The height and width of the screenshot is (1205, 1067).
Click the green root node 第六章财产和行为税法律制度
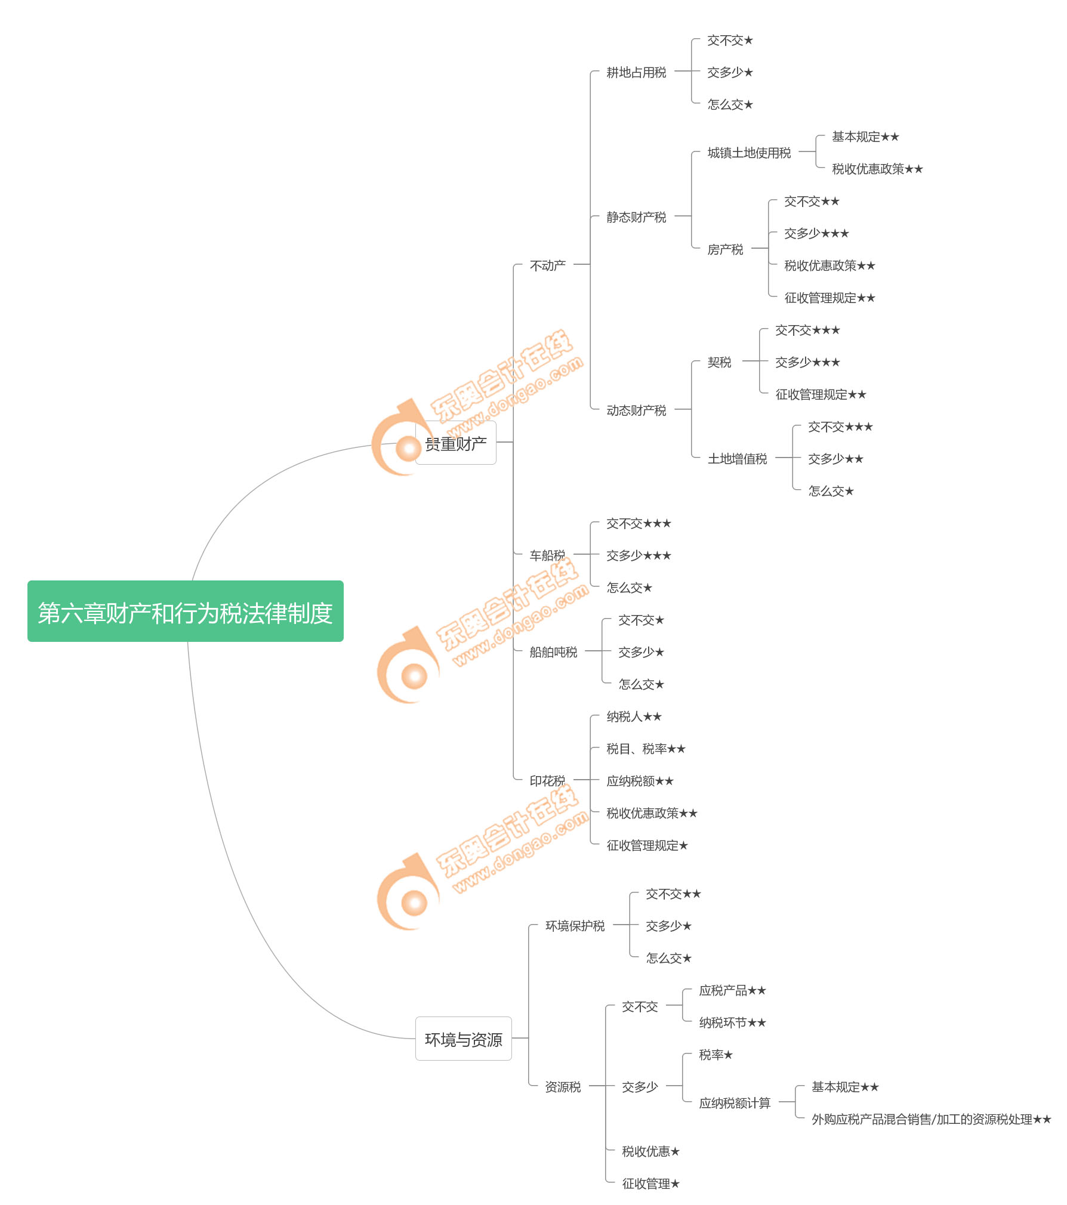point(185,611)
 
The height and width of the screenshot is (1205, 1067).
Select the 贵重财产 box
point(456,443)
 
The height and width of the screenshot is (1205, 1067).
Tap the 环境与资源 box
point(463,1039)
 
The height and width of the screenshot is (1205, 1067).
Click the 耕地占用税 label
point(636,73)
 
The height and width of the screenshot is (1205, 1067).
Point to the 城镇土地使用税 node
point(749,153)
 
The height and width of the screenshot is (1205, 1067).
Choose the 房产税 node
point(725,249)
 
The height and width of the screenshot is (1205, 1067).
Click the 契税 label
point(719,362)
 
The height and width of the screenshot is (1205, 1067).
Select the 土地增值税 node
point(737,459)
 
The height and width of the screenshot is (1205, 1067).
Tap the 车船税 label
point(547,555)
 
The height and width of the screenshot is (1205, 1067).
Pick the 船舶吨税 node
point(553,652)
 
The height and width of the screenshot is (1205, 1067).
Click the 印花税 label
point(547,781)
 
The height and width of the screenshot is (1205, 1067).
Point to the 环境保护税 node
point(575,926)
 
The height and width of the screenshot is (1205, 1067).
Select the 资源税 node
point(563,1087)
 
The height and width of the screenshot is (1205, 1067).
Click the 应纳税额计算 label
point(735,1103)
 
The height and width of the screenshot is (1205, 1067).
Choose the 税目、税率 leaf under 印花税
point(646,749)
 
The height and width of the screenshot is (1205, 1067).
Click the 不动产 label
point(547,265)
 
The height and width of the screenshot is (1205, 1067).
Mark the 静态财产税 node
point(636,217)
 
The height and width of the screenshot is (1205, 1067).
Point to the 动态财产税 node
point(636,410)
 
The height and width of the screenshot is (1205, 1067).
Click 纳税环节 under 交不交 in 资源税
point(732,1022)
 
